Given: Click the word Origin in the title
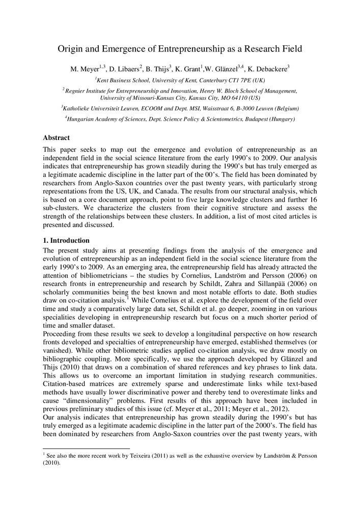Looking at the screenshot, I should tap(71, 49).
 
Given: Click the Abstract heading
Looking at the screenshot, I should tap(56, 138).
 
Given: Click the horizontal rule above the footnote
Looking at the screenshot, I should tap(87, 448).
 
